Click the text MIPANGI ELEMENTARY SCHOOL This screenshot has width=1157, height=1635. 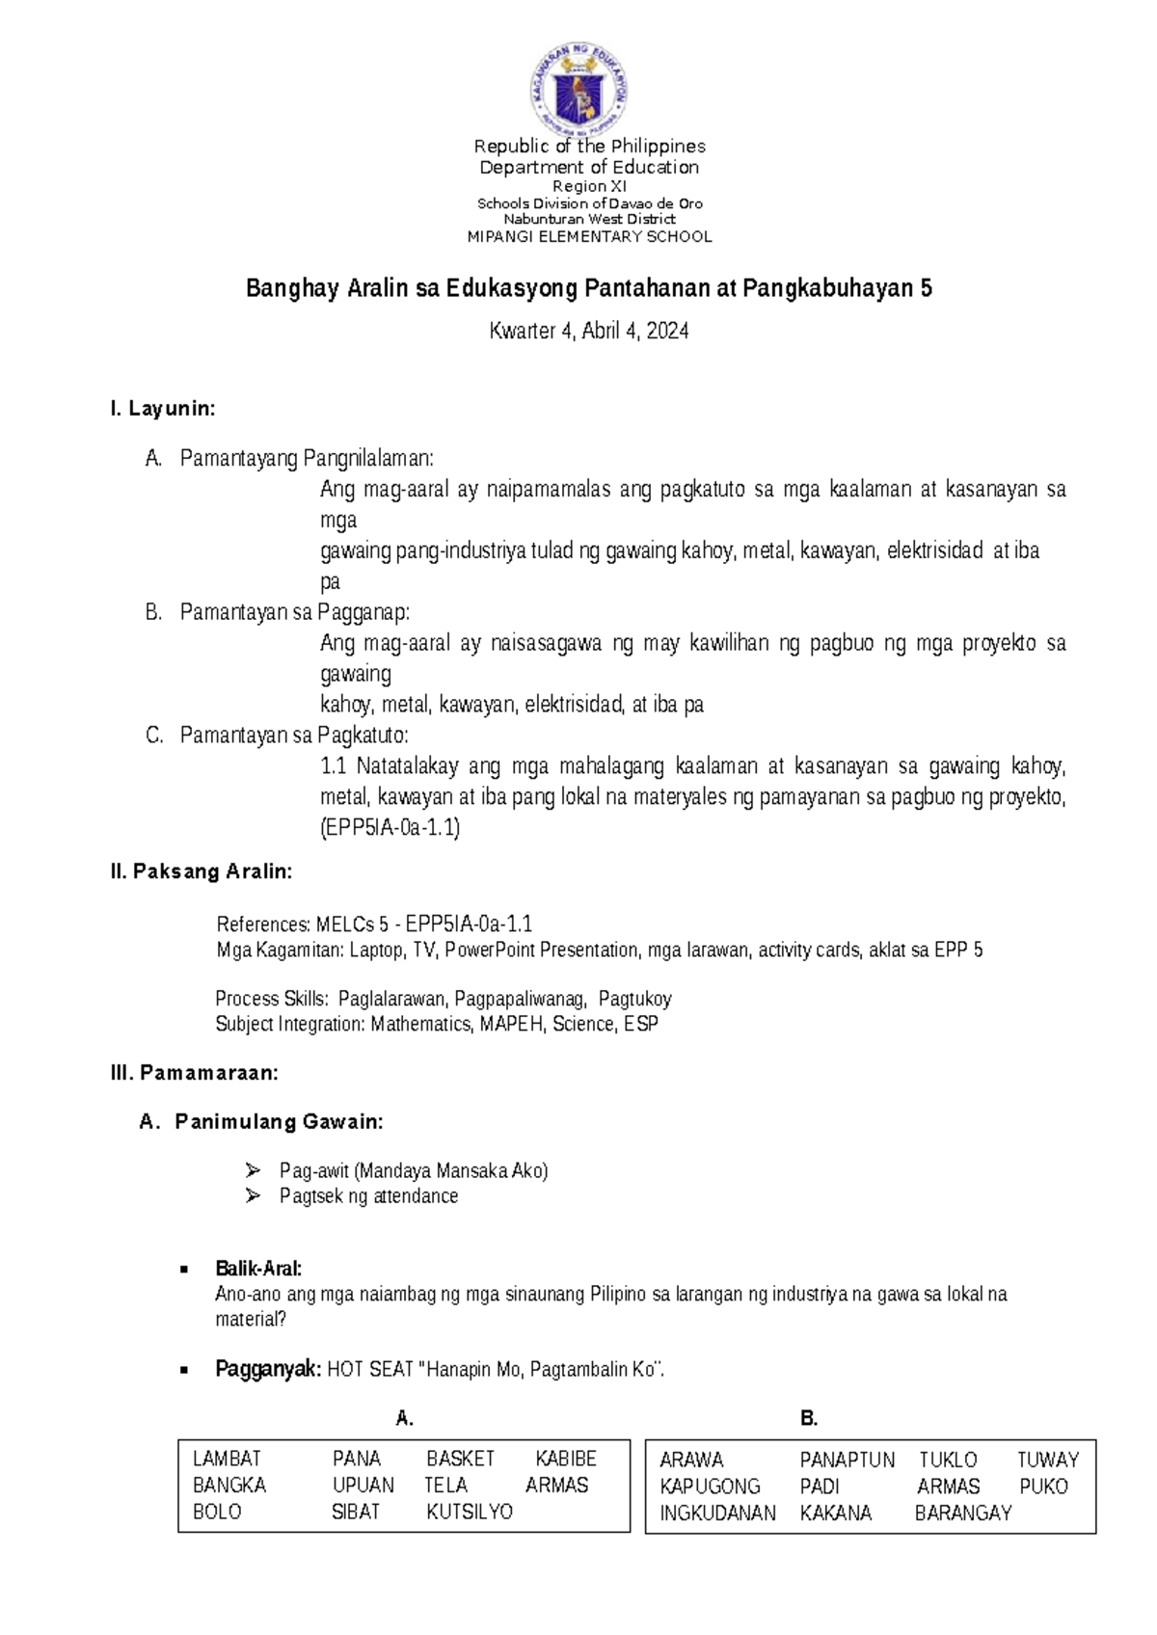pyautogui.click(x=589, y=237)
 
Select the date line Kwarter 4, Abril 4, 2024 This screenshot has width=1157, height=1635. pyautogui.click(x=589, y=332)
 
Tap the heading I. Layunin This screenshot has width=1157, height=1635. pyautogui.click(x=163, y=409)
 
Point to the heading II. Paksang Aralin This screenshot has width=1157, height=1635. pyautogui.click(x=202, y=872)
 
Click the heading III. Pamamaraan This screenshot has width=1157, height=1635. pyautogui.click(x=195, y=1073)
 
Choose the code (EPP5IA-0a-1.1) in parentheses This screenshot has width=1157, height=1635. pyautogui.click(x=390, y=828)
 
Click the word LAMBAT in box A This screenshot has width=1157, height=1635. pyautogui.click(x=227, y=1460)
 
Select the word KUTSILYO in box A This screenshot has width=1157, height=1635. pyautogui.click(x=470, y=1513)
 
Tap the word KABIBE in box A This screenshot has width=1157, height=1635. pyautogui.click(x=566, y=1460)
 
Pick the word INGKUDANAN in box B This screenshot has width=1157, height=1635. pyautogui.click(x=717, y=1514)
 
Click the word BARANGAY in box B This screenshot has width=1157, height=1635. pyautogui.click(x=963, y=1514)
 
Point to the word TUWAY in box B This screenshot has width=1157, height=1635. pyautogui.click(x=1048, y=1461)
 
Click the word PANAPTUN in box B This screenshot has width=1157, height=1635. pyautogui.click(x=848, y=1461)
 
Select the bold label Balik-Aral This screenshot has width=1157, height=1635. pyautogui.click(x=258, y=1269)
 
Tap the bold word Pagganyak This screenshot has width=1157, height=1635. pyautogui.click(x=268, y=1370)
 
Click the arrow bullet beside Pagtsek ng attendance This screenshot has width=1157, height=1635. pyautogui.click(x=254, y=1196)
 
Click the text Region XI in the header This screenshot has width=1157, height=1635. pyautogui.click(x=589, y=187)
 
